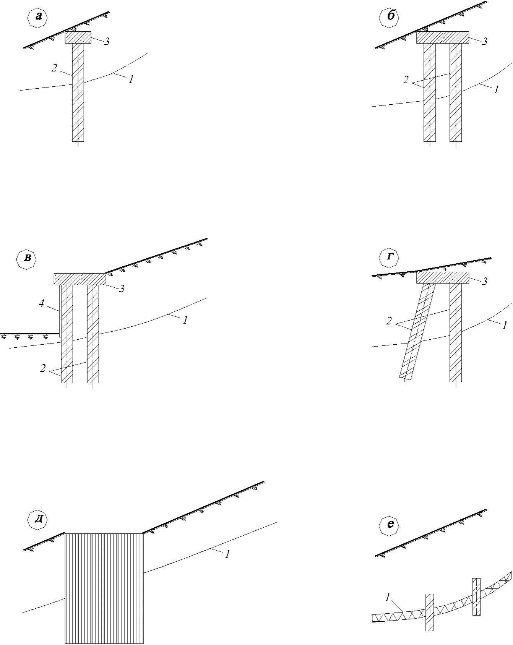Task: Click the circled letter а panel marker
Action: (x=38, y=16)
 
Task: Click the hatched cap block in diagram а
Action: (x=78, y=37)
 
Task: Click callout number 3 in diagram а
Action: (x=107, y=42)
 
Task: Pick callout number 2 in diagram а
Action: (x=54, y=68)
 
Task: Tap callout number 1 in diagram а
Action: (x=131, y=79)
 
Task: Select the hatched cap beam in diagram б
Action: (x=442, y=37)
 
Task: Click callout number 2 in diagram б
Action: (x=406, y=80)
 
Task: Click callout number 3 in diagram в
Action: (x=122, y=289)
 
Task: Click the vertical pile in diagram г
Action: (x=456, y=332)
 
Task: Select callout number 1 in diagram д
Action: (x=227, y=554)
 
